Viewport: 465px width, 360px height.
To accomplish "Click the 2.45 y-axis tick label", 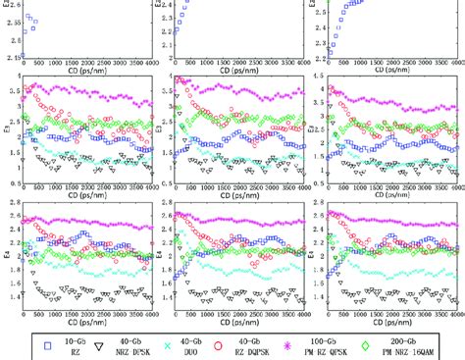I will click(x=10, y=59).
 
